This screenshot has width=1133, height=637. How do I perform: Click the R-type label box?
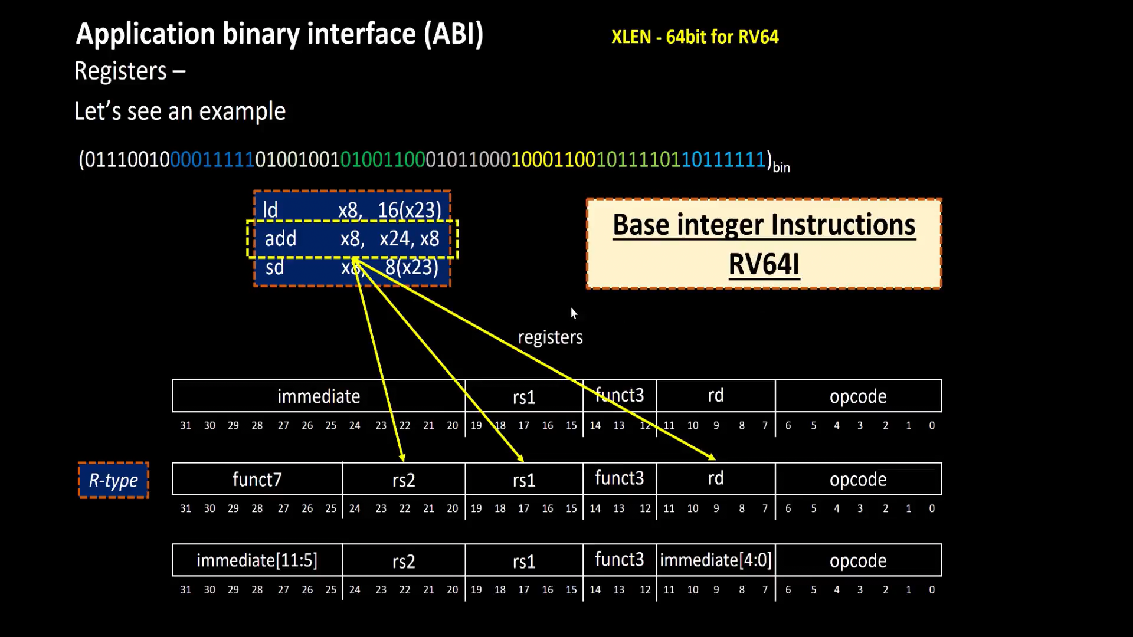(113, 481)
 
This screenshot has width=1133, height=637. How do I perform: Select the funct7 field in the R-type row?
(257, 479)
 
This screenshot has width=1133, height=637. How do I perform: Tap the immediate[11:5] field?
(257, 560)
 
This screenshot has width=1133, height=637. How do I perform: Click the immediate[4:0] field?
(715, 560)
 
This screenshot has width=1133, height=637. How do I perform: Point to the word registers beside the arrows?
(550, 337)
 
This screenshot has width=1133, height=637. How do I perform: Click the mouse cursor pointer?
(574, 313)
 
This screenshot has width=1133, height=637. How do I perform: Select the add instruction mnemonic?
(280, 239)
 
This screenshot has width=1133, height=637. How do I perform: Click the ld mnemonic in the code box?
(270, 211)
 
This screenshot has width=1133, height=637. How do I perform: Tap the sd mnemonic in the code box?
(274, 268)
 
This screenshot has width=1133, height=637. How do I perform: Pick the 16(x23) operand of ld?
(410, 211)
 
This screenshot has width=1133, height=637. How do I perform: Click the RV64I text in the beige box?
(764, 264)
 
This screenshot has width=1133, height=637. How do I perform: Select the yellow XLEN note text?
(695, 37)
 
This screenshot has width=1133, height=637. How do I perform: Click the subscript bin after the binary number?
(781, 168)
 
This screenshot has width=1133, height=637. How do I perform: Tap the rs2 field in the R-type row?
(404, 480)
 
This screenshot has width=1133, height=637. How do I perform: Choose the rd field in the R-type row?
(715, 478)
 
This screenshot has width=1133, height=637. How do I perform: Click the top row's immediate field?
(319, 396)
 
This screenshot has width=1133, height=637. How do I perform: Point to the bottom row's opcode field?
(858, 560)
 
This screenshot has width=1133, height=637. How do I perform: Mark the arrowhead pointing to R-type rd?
(712, 457)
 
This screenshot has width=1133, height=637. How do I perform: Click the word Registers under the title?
(121, 71)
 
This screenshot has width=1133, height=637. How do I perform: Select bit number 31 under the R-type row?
(185, 508)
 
